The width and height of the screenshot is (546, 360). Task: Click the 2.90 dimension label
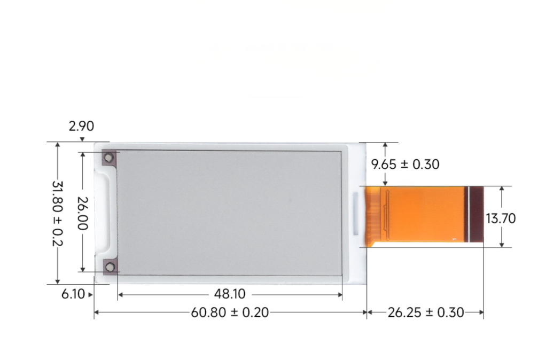tap(81, 126)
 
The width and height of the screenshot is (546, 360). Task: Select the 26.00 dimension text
tap(82, 212)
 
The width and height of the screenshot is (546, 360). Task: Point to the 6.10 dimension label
tap(74, 294)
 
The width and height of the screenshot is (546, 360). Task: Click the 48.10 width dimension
tap(230, 294)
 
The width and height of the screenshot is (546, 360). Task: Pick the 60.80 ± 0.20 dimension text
tap(230, 312)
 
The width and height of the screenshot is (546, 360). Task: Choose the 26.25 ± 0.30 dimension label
tap(425, 312)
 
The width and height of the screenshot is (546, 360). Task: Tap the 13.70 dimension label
tap(501, 218)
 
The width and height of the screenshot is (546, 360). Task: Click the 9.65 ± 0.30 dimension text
tap(405, 165)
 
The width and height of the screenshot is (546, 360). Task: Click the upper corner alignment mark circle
tap(110, 158)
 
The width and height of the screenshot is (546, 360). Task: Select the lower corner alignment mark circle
tap(110, 267)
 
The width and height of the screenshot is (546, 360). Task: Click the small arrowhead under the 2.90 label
tap(82, 139)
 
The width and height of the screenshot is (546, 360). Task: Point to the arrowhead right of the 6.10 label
tap(91, 294)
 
